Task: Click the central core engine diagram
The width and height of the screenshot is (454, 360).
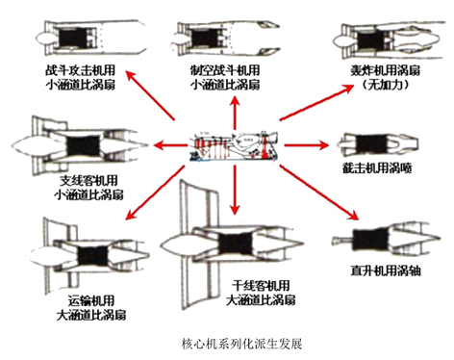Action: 234,145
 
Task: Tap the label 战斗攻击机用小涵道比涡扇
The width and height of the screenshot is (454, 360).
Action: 80,77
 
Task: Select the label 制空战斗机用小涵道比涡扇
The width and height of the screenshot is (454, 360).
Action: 225,77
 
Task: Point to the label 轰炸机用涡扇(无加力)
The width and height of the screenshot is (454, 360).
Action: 385,77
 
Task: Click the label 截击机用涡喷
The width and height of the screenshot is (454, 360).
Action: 377,167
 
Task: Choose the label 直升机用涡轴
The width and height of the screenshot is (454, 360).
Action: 386,270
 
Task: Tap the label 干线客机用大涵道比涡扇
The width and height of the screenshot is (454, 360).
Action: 261,293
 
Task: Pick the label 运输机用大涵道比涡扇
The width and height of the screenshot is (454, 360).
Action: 91,308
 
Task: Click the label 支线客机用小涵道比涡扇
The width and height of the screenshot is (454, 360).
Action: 88,188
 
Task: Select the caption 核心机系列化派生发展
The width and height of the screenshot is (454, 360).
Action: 241,344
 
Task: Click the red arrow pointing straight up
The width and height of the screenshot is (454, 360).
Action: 235,113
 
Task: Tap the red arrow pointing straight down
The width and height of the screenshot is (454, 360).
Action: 235,190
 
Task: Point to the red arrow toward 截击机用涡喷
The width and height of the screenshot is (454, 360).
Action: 307,145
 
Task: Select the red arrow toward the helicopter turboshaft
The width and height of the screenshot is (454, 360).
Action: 319,193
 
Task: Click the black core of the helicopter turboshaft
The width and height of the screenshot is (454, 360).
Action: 371,240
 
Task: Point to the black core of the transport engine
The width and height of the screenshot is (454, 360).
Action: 93,256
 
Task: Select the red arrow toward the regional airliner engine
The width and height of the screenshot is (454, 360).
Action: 170,145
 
